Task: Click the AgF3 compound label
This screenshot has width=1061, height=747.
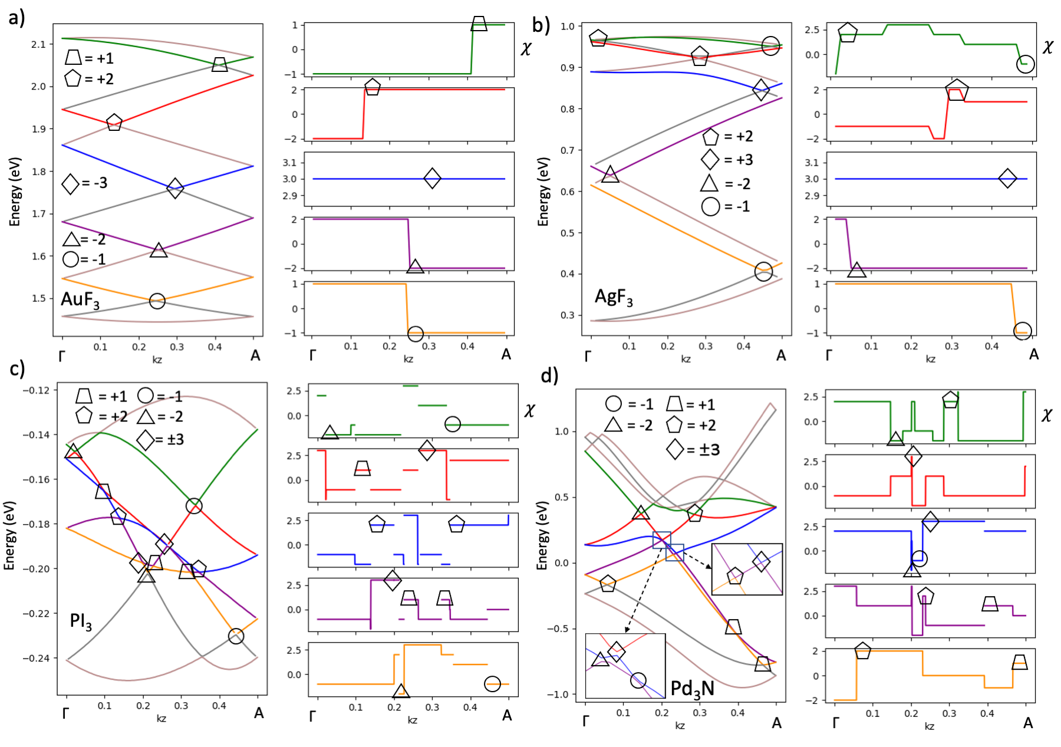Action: (614, 297)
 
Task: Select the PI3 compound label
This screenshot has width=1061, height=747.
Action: (81, 621)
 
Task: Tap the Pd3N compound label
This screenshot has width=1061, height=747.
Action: (692, 688)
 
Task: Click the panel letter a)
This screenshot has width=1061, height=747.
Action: (17, 18)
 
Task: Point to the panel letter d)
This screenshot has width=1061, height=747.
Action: (549, 375)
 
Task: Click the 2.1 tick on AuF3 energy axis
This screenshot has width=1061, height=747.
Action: (38, 44)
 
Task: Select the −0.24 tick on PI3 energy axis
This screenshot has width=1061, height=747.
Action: (36, 659)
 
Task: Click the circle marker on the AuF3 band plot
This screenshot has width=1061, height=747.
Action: (157, 301)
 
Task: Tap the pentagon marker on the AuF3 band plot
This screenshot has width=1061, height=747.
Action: (114, 123)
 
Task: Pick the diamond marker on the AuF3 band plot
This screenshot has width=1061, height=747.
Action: (174, 189)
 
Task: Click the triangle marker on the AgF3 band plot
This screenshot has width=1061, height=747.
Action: (610, 175)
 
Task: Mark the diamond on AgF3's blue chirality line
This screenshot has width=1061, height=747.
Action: (1007, 179)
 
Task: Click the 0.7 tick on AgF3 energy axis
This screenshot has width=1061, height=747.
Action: (568, 150)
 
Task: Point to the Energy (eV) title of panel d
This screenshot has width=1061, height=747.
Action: (542, 535)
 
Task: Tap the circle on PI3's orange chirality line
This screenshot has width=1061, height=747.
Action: (492, 684)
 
